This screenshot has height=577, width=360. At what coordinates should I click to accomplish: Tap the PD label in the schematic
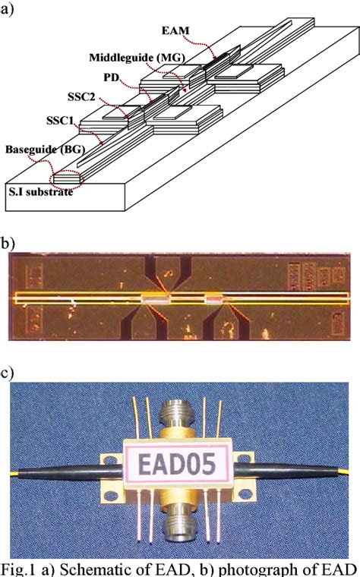point(110,77)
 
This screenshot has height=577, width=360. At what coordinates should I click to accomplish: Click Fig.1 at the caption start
point(24,568)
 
